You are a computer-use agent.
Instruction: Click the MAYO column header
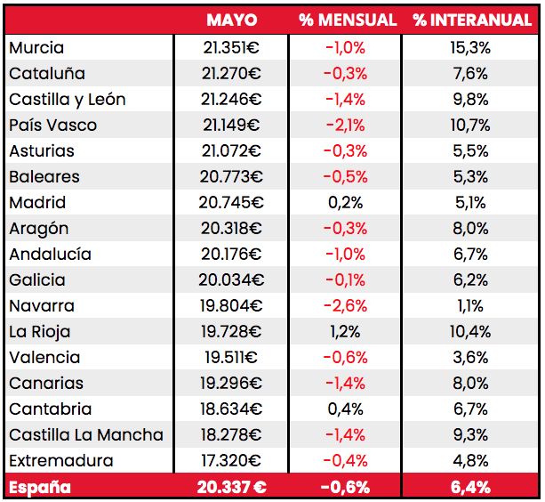(231, 20)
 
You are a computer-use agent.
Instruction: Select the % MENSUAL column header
(348, 20)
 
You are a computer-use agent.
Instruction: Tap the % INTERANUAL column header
(471, 20)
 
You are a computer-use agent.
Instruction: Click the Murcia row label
(36, 48)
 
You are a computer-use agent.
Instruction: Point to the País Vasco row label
(53, 125)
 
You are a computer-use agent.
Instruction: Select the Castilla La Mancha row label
(86, 435)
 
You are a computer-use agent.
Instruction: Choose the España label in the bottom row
(38, 487)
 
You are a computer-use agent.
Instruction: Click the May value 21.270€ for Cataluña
(231, 74)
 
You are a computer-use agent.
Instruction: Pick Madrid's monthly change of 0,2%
(345, 203)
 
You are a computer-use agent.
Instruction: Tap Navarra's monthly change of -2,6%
(345, 306)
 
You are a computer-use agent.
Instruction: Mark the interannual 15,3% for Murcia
(470, 48)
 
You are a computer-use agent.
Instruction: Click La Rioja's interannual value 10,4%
(470, 332)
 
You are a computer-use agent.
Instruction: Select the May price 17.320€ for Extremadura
(231, 461)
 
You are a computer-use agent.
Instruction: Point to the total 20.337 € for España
(231, 487)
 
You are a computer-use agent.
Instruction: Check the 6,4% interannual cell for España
(470, 487)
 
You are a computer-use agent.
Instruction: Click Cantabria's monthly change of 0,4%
(345, 409)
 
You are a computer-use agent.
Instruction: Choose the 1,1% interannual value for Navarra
(470, 306)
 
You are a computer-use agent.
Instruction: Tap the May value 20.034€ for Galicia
(231, 280)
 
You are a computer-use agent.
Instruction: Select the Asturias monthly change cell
(345, 151)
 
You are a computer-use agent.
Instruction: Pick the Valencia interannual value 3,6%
(470, 358)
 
